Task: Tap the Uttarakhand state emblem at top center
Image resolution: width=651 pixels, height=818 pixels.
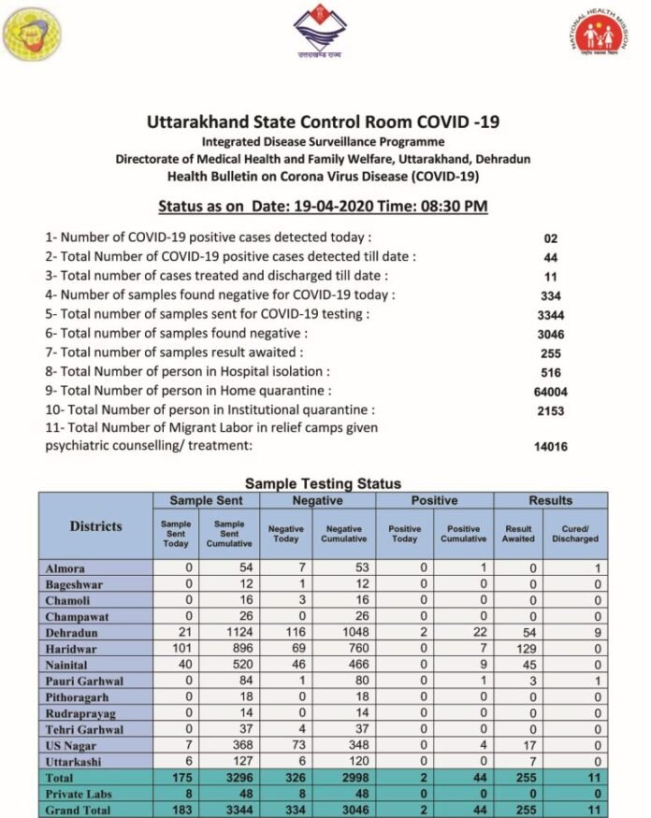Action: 320,33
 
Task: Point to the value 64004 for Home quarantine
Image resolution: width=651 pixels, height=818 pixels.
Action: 551,392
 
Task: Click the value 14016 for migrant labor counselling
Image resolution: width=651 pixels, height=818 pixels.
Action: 551,447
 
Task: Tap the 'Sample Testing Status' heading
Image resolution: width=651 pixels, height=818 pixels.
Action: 323,483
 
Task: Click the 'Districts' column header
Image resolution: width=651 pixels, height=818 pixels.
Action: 95,526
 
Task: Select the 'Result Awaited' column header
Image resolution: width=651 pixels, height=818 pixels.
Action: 518,534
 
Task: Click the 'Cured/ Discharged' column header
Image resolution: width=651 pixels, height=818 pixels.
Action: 575,534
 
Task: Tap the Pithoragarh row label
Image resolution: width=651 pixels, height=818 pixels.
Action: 80,696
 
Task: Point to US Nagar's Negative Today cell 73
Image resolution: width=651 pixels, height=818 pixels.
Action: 285,744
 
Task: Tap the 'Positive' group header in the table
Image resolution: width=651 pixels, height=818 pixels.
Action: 434,500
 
